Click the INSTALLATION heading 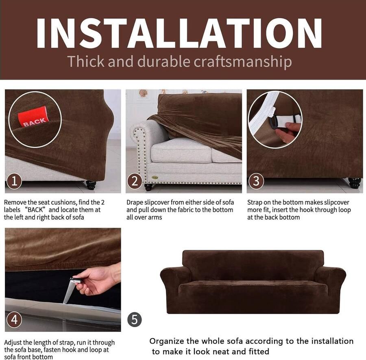click(179, 33)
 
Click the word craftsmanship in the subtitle click(243, 62)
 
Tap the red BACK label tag click(33, 117)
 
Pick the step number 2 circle click(135, 181)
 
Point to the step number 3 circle click(256, 181)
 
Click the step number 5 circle click(135, 319)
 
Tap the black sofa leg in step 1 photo click(91, 184)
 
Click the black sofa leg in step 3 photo click(355, 183)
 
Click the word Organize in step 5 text click(166, 342)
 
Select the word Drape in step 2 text click(134, 202)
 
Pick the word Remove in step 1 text click(15, 202)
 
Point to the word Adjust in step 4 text click(14, 343)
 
